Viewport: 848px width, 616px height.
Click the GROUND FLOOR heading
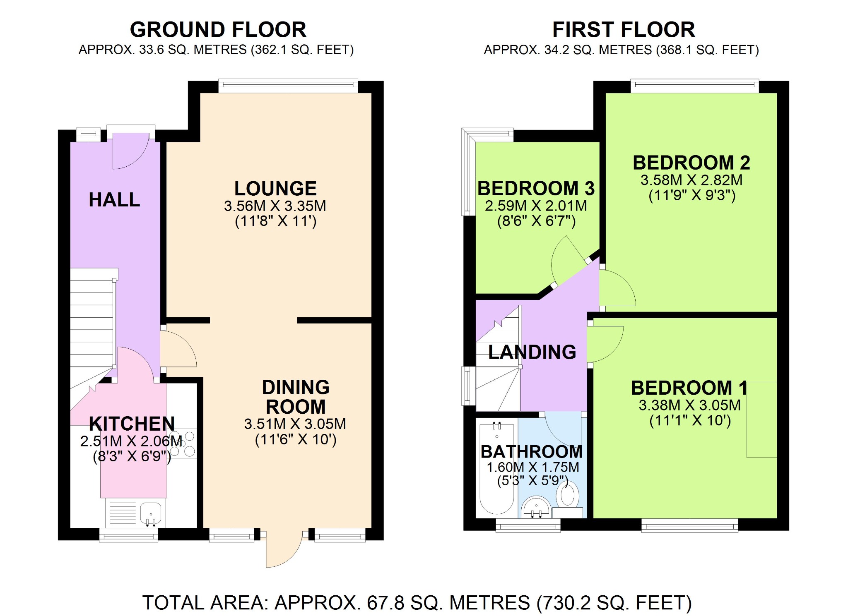tap(218, 30)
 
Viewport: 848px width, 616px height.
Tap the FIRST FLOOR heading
tap(623, 30)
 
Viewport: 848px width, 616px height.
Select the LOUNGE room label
tap(275, 189)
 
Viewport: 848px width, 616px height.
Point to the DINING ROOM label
tap(296, 397)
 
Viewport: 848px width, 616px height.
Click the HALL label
tap(114, 200)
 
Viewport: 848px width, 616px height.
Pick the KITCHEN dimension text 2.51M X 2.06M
tap(131, 441)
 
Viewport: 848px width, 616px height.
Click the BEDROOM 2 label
tap(691, 163)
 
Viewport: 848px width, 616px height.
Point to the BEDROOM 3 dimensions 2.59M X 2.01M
tap(536, 206)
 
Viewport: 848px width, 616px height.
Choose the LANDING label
tap(532, 352)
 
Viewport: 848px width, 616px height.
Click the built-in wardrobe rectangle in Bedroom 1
tap(761, 420)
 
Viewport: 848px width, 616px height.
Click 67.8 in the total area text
tap(385, 603)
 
